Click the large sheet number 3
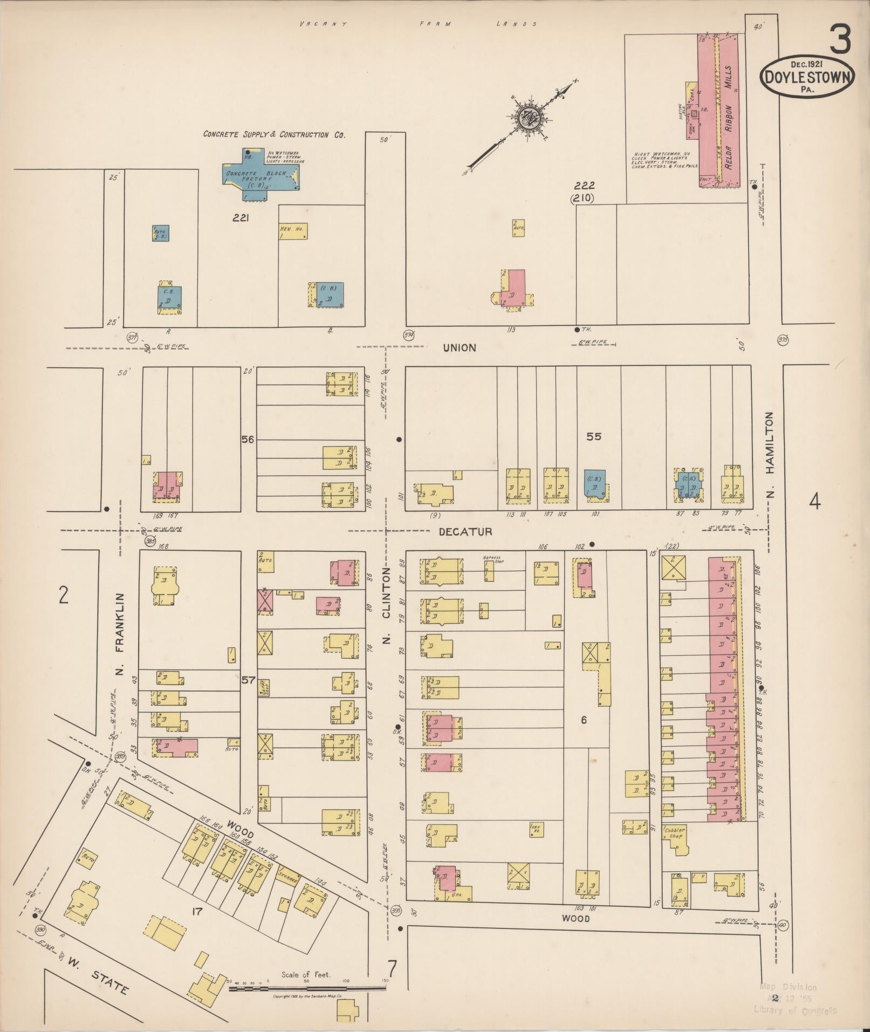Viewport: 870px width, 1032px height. (840, 39)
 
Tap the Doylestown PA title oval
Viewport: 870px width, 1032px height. (807, 78)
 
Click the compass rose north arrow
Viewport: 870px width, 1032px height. (526, 117)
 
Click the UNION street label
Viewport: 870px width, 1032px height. (460, 348)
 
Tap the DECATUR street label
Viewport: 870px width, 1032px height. (465, 531)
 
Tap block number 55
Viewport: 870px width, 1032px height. (593, 436)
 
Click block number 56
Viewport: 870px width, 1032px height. (248, 440)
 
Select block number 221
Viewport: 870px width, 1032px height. (240, 218)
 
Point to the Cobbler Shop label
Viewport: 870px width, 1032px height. (675, 833)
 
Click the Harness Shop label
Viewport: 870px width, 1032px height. (491, 559)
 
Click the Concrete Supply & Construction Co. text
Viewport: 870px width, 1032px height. (274, 134)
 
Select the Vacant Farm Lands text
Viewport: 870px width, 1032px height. (419, 24)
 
